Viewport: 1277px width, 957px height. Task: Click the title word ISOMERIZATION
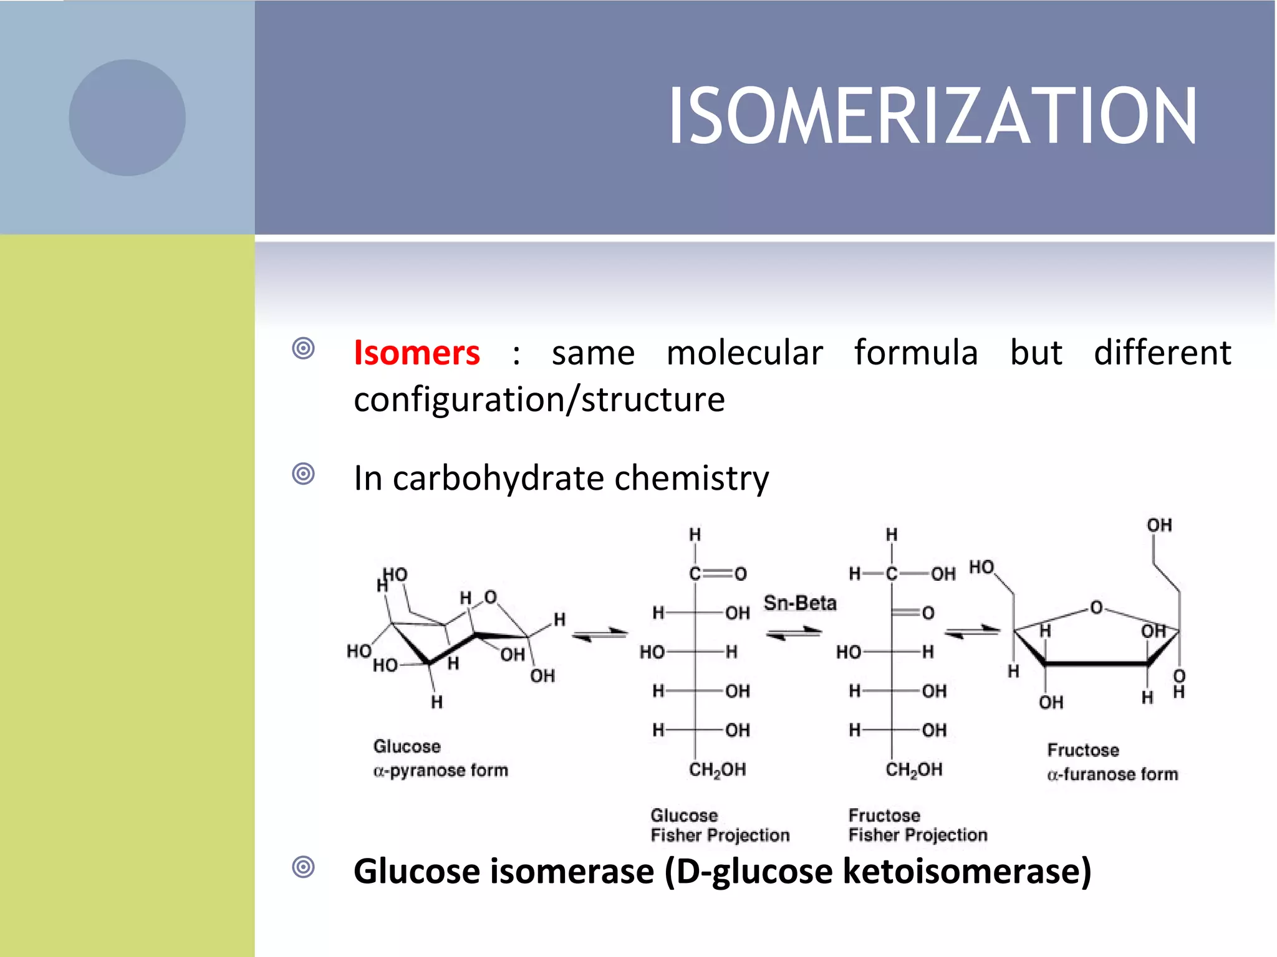(932, 117)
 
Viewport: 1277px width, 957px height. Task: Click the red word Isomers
(417, 353)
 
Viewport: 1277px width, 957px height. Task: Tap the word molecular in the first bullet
(745, 353)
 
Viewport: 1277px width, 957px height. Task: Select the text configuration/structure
(539, 399)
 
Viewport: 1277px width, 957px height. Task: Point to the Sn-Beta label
(800, 603)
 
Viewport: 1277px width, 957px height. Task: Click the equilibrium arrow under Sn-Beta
(794, 633)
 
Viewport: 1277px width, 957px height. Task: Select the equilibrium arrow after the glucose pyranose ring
(600, 634)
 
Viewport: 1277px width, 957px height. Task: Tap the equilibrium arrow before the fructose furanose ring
(972, 632)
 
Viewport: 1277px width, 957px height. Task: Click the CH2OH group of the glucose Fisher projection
(717, 770)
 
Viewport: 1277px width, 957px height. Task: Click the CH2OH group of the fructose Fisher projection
(913, 770)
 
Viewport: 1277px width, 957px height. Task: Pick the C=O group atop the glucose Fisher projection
(717, 574)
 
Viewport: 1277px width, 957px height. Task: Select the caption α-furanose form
(1112, 774)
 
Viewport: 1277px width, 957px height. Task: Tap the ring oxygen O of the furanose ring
(1096, 607)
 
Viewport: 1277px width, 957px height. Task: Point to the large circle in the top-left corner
(127, 118)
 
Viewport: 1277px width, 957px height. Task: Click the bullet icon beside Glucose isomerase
(304, 867)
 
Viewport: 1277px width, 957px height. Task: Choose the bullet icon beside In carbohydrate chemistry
(304, 474)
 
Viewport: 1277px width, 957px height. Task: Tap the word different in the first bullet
(1162, 353)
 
